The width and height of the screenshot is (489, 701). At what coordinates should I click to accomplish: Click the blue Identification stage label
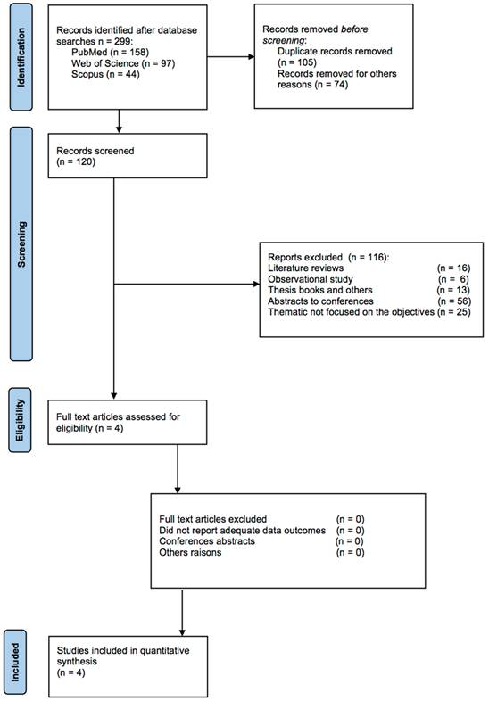pos(21,57)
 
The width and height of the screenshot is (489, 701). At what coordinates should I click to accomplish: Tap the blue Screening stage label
pos(21,243)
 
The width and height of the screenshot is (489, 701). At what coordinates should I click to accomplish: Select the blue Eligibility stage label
pos(21,420)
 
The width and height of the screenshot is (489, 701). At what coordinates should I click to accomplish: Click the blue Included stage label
pos(15,662)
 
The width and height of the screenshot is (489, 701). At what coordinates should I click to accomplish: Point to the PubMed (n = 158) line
pos(110,53)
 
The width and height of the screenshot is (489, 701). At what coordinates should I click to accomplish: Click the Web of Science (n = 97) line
pos(123,63)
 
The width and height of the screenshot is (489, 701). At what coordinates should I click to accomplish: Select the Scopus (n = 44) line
pos(105,74)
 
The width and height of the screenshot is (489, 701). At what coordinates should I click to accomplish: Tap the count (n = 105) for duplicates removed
pos(296,62)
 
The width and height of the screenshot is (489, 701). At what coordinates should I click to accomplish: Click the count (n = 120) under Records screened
pos(76,161)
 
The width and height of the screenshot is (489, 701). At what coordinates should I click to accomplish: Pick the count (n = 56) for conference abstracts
pos(454,301)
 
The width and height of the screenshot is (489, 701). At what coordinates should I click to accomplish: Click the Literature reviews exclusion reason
pos(305,268)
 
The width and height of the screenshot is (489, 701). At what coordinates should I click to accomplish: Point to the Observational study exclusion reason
pos(311,279)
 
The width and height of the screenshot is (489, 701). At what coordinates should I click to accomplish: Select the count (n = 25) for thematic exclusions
pos(454,311)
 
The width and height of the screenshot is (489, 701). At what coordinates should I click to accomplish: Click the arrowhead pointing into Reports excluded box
pos(257,284)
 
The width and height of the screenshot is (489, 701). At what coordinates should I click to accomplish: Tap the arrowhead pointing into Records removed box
pos(252,57)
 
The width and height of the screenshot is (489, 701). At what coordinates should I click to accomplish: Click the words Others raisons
pos(190,552)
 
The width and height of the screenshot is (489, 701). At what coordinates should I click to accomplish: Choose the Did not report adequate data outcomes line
pos(243,531)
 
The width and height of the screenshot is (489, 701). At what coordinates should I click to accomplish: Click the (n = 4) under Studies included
pos(70,672)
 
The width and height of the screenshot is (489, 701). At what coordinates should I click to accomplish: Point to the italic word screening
pos(284,40)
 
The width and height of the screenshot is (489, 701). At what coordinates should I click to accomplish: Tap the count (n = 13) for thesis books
pos(453,290)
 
